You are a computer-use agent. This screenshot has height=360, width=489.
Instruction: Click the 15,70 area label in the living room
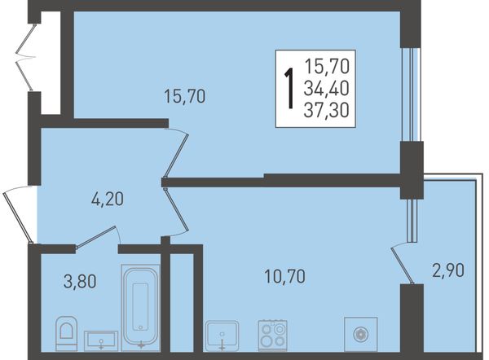[x=185, y=96]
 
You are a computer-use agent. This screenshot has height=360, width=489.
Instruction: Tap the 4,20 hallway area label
[x=108, y=199]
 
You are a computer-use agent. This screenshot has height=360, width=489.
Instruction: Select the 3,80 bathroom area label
[x=80, y=281]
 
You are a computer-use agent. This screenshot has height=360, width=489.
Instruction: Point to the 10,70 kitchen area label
[x=284, y=276]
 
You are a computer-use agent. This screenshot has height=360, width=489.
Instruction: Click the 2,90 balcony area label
[x=448, y=270]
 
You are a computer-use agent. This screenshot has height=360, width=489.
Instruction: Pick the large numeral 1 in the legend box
[x=289, y=89]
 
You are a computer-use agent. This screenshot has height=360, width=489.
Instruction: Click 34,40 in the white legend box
[x=326, y=88]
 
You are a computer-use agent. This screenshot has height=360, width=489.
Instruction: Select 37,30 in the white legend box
[x=326, y=110]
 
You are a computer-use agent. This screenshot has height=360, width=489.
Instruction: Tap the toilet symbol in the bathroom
[x=67, y=333]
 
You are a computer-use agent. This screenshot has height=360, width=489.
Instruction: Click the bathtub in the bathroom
[x=140, y=308]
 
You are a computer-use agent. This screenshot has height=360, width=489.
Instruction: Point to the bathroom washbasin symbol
[x=101, y=340]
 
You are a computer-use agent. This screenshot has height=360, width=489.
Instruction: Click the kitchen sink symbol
[x=222, y=336]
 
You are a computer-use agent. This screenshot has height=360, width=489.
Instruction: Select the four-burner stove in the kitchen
[x=272, y=335]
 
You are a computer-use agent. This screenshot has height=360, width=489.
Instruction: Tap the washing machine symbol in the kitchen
[x=360, y=334]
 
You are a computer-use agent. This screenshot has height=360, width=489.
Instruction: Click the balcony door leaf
[x=403, y=266]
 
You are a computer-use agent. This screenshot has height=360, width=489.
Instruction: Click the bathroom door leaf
[x=95, y=238]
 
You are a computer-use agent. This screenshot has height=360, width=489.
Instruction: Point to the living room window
[x=411, y=94]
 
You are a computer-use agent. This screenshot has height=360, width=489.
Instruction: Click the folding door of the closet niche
[x=25, y=58]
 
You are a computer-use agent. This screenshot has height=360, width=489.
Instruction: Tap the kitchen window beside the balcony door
[x=412, y=221]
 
